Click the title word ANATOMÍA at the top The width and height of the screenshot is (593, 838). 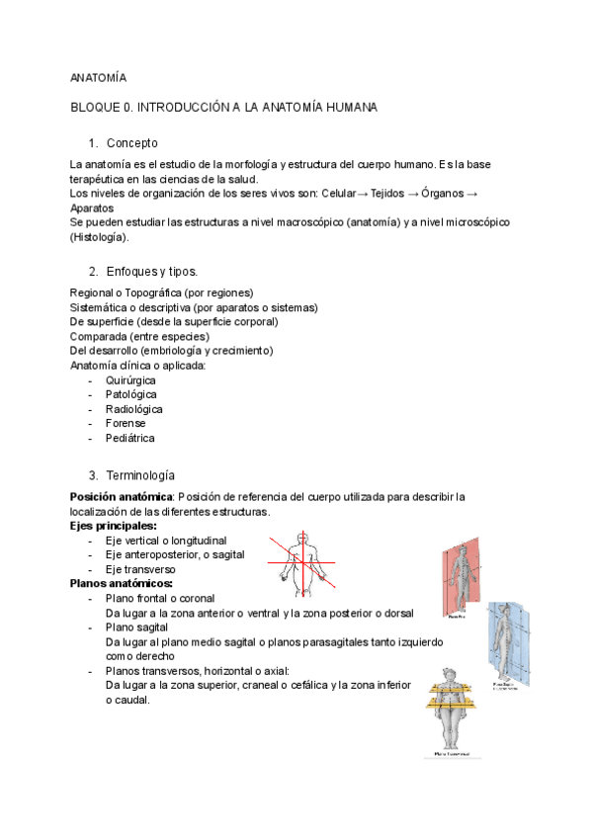tap(98, 76)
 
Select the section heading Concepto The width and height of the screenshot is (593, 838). tap(132, 143)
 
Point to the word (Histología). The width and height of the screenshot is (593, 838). tap(99, 237)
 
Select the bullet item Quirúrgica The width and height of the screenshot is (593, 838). tap(130, 379)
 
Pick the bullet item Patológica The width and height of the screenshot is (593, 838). tap(130, 394)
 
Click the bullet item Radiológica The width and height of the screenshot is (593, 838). tap(134, 409)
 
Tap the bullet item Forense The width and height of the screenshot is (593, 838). tap(126, 423)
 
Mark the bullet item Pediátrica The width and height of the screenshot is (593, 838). tap(130, 438)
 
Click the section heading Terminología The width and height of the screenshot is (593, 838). tap(141, 474)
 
